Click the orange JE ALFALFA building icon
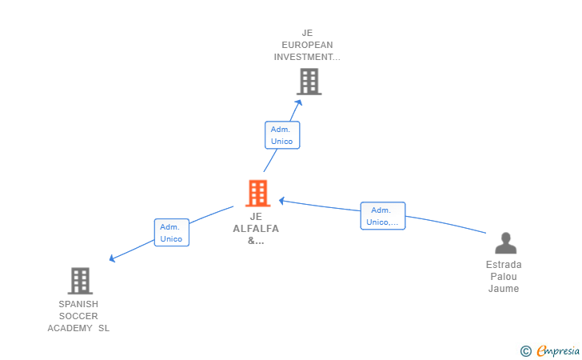tap(257, 193)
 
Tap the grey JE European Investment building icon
tap(309, 82)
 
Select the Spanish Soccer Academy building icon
tap(80, 281)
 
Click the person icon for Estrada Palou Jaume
tap(505, 243)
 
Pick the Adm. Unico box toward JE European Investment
tap(282, 135)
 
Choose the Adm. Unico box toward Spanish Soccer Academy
tap(171, 233)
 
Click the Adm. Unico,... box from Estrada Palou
tap(383, 216)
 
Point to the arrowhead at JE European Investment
tap(298, 103)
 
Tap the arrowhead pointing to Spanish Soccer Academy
tap(112, 258)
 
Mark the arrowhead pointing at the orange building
tap(281, 201)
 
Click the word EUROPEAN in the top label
tap(307, 45)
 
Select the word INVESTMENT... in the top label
tap(307, 57)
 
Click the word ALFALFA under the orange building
tap(256, 229)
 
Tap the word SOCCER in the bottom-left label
tap(78, 316)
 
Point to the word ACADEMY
tap(70, 328)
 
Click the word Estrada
tap(504, 265)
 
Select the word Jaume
tap(504, 289)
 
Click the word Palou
tap(504, 277)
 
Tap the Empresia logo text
tap(558, 351)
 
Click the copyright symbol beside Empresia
tap(526, 351)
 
